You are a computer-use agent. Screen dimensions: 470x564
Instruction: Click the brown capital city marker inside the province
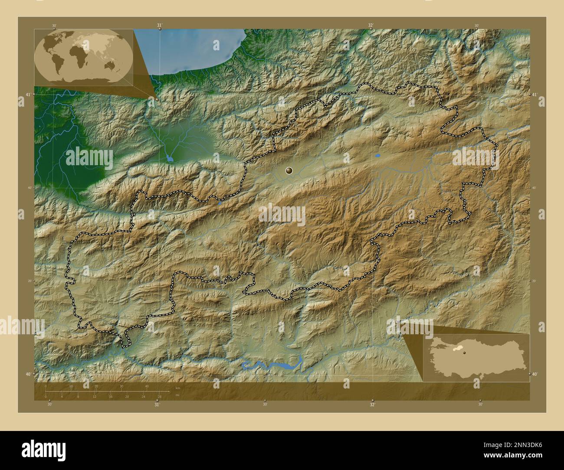(289, 171)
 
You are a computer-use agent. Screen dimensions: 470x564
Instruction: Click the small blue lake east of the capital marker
(378, 155)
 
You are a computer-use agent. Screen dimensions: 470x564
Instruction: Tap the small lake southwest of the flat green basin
(169, 159)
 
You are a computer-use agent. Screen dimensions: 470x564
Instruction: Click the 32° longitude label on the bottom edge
(372, 404)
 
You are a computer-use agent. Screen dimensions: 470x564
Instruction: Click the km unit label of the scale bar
(178, 387)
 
